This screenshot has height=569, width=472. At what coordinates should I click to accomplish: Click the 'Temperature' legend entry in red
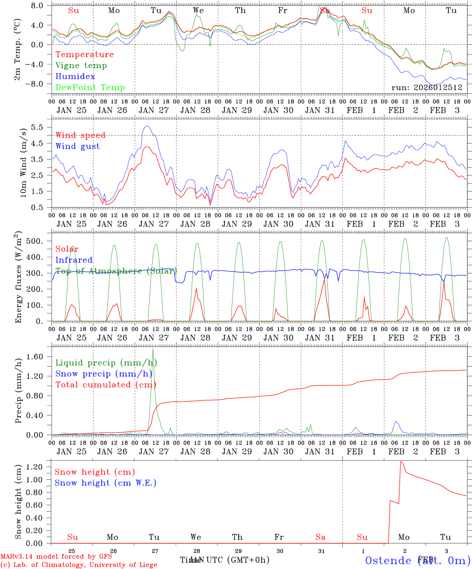[85, 55]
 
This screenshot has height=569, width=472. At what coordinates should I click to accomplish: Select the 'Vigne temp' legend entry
[81, 66]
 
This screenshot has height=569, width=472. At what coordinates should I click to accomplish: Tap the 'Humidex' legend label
[75, 77]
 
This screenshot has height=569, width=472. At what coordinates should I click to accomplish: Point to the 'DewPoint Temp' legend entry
[90, 88]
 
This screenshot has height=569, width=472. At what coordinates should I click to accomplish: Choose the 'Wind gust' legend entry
[77, 147]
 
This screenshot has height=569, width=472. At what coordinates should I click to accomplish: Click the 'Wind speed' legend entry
[81, 136]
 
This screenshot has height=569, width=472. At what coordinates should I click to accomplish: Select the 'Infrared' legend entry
[74, 260]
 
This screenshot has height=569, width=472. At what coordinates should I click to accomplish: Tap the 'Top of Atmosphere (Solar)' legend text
[116, 271]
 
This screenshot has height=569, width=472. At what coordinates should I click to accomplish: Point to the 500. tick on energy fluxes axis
[34, 241]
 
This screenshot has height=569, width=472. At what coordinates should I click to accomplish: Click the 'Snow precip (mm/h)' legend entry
[104, 374]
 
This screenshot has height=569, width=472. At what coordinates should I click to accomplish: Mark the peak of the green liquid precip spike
[153, 349]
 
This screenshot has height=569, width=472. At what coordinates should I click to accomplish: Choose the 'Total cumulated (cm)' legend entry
[106, 385]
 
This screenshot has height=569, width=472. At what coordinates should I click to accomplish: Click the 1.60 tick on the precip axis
[34, 357]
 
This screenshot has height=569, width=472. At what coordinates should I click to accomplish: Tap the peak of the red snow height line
[401, 462]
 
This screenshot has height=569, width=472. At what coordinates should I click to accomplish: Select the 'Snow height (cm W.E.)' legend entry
[106, 483]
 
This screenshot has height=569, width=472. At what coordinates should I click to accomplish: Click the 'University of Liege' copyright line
[79, 565]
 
